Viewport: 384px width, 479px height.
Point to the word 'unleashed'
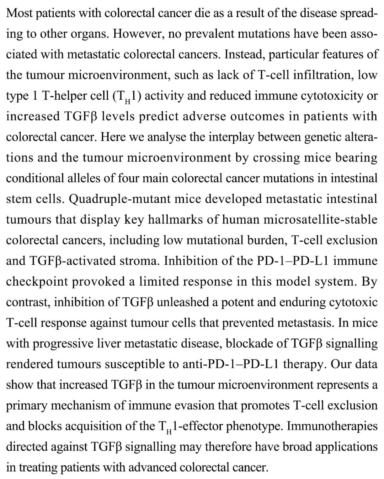pos(182,302)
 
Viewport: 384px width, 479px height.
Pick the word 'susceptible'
pos(135,364)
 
